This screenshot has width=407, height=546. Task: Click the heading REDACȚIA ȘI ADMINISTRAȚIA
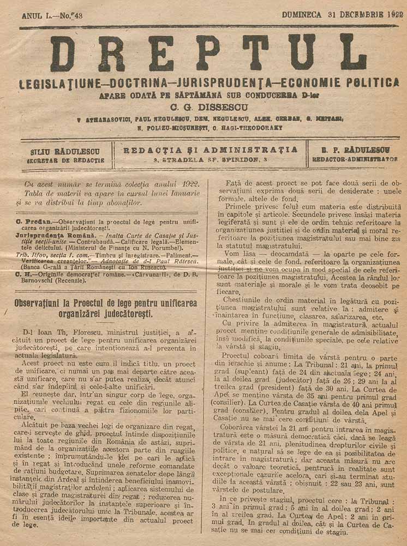[211, 150]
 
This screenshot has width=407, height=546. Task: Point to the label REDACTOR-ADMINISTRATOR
[355, 160]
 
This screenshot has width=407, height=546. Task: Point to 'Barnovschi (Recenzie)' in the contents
[54, 281]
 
